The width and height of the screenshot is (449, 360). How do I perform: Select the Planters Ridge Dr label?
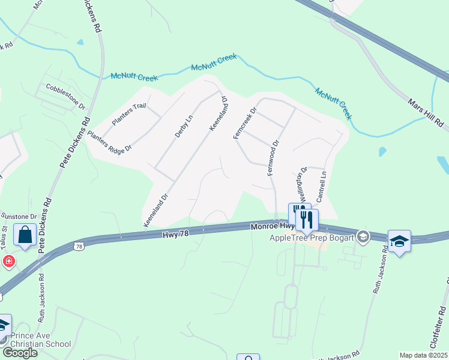click(x=109, y=142)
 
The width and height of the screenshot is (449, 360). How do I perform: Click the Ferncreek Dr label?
click(x=244, y=124)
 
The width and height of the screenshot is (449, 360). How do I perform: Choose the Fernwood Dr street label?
click(x=272, y=158)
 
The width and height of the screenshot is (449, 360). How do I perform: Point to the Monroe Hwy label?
click(x=271, y=227)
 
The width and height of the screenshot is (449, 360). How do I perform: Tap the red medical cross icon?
click(x=8, y=261)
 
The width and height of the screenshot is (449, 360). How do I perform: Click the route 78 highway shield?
click(x=79, y=246)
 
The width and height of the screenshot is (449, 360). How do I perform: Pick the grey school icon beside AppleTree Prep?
click(x=363, y=237)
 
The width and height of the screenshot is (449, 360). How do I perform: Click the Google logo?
click(x=19, y=353)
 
